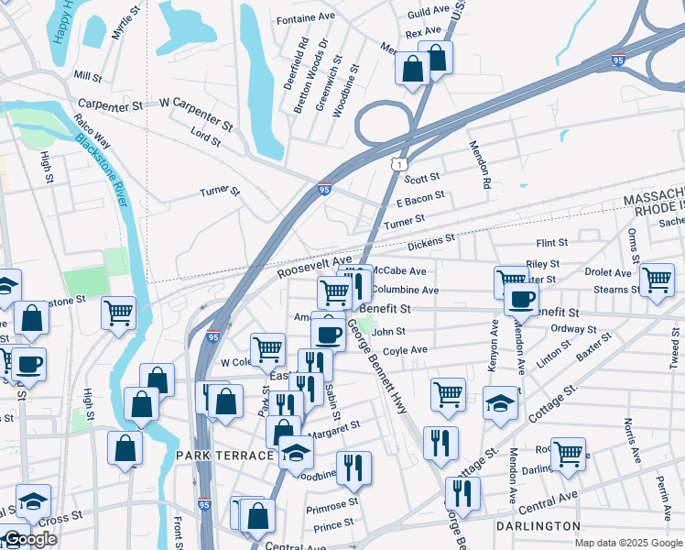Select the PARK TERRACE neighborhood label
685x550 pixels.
(224, 456)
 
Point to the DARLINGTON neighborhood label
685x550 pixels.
(538, 526)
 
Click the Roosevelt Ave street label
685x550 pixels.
(314, 267)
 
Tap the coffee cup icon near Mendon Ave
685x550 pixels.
(521, 300)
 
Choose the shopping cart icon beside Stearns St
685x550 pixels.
(657, 280)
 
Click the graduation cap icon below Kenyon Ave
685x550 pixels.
(499, 403)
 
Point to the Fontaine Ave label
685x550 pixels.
(306, 17)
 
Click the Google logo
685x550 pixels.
(29, 539)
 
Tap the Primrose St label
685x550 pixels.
(332, 503)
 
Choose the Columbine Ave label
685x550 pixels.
(406, 290)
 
